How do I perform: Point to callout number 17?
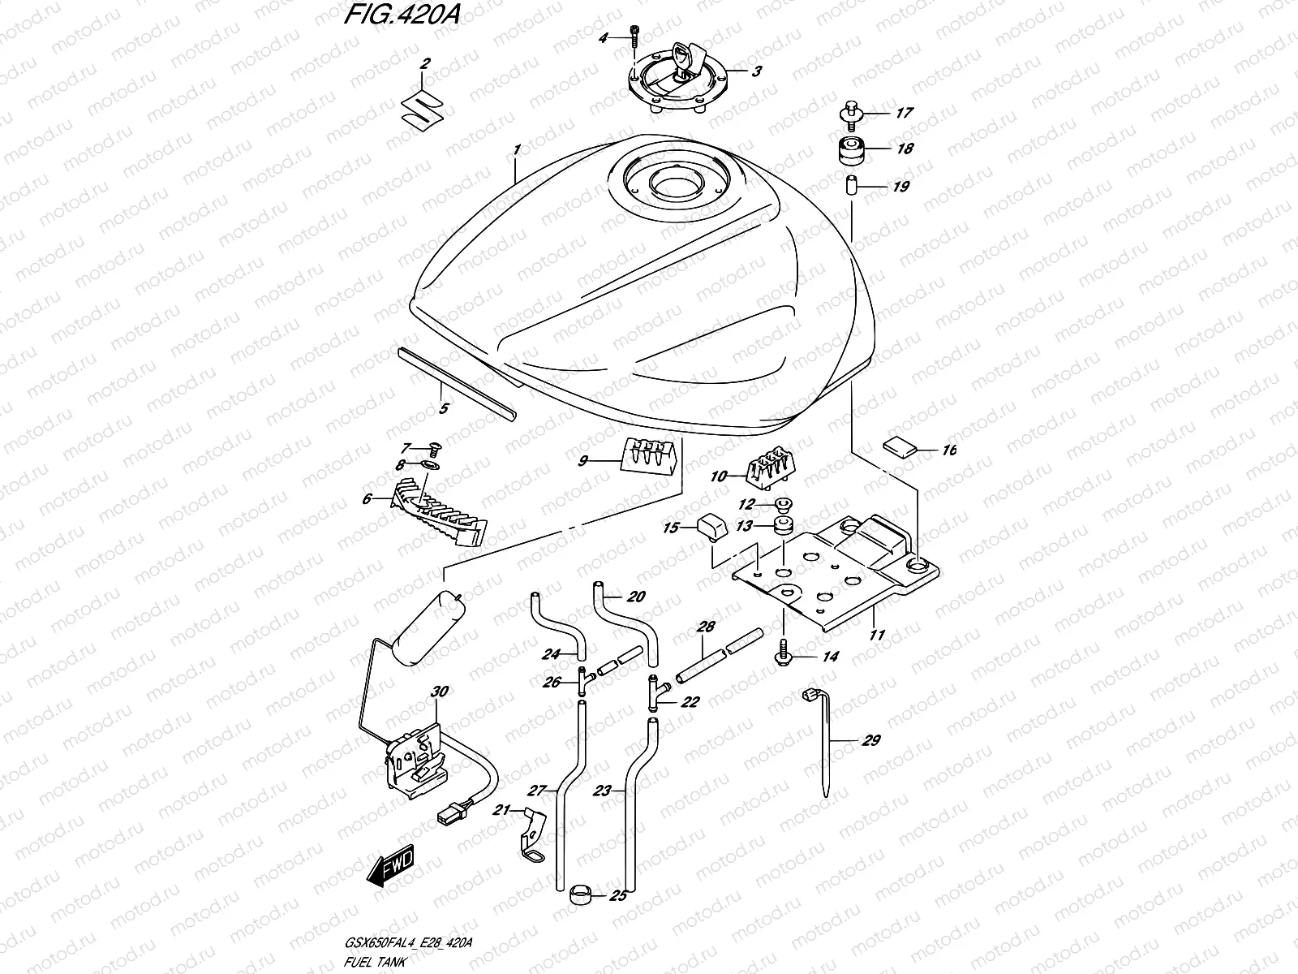tap(904, 114)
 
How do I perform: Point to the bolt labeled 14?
tap(784, 653)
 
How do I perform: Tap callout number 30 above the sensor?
tap(438, 692)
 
